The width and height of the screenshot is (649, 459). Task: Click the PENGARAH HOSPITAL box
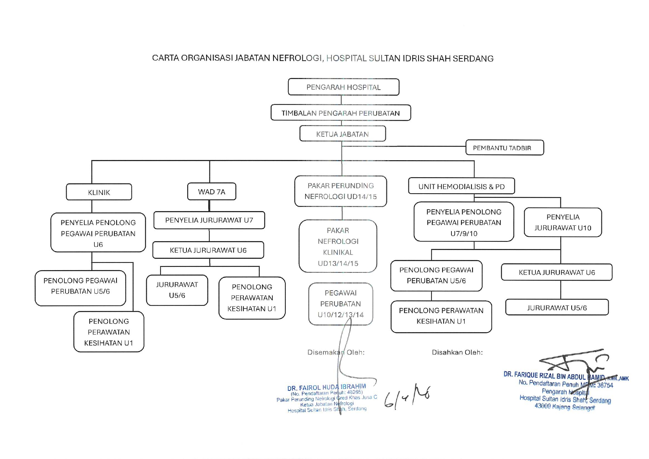click(x=343, y=87)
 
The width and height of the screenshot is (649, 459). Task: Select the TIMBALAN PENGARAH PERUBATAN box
click(x=340, y=113)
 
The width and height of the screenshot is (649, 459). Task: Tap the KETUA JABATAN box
click(x=342, y=134)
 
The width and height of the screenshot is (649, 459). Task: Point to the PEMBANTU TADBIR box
click(x=504, y=148)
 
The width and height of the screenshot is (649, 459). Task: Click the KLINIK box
click(x=99, y=192)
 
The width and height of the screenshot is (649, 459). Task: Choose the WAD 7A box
click(x=211, y=192)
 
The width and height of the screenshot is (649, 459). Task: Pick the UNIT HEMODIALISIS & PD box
click(x=461, y=186)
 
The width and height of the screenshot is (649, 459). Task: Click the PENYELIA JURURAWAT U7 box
click(x=209, y=220)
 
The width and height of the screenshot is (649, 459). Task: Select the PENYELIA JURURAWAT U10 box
click(x=562, y=222)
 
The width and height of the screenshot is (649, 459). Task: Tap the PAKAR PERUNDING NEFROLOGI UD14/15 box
click(x=340, y=191)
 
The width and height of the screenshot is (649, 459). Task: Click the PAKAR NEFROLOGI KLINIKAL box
click(x=338, y=247)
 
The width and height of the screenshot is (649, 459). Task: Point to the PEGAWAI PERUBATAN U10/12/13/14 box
click(x=340, y=304)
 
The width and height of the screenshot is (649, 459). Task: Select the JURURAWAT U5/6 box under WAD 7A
click(x=177, y=290)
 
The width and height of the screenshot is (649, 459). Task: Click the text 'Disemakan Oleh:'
click(x=336, y=352)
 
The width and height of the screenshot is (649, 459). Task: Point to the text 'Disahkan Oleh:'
click(x=457, y=352)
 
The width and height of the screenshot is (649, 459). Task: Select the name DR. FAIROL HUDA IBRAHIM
click(x=326, y=388)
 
